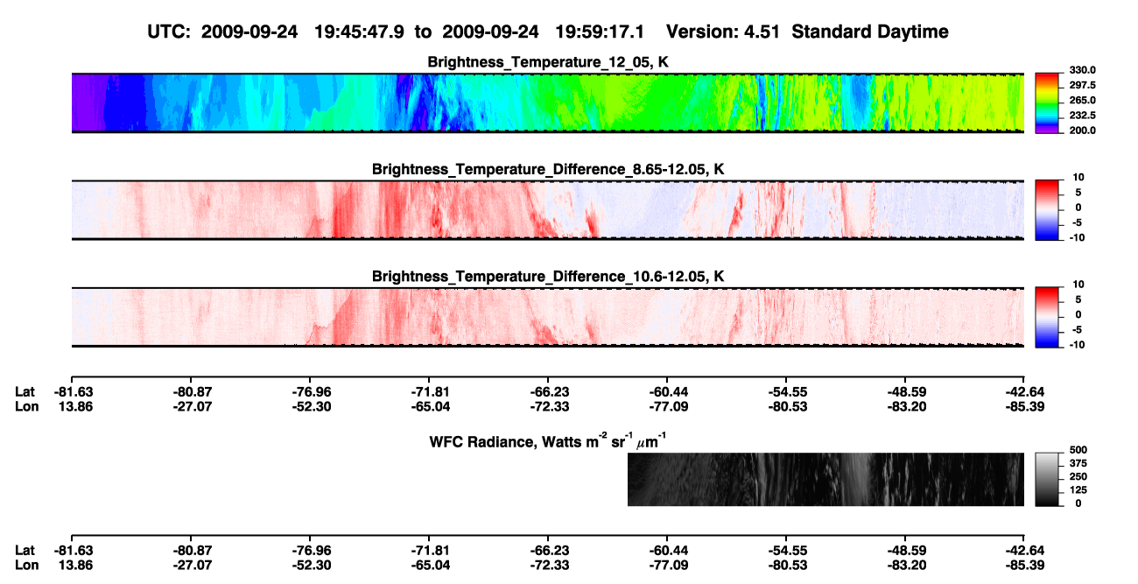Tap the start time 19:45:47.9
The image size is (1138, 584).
(x=359, y=32)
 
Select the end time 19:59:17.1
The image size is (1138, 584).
(x=600, y=32)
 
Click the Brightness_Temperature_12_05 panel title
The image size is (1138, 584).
(x=548, y=62)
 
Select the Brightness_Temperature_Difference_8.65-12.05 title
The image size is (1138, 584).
(x=548, y=169)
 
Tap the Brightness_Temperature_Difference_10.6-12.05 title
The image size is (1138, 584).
(x=548, y=277)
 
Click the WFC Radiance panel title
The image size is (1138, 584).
(x=548, y=440)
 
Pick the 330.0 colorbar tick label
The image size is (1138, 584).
(x=1082, y=70)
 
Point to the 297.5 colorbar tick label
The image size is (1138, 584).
(x=1082, y=85)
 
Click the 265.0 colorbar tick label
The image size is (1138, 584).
(x=1082, y=100)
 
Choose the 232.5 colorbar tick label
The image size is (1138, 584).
(x=1082, y=116)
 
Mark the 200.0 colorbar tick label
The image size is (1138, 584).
(x=1082, y=130)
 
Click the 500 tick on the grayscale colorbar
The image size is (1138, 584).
(x=1078, y=450)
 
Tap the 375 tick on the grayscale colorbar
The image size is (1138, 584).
(x=1078, y=463)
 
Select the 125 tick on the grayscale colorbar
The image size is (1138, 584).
(x=1078, y=490)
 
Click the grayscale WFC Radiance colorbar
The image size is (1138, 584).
(x=1047, y=479)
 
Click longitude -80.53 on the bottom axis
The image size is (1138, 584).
(x=788, y=566)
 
